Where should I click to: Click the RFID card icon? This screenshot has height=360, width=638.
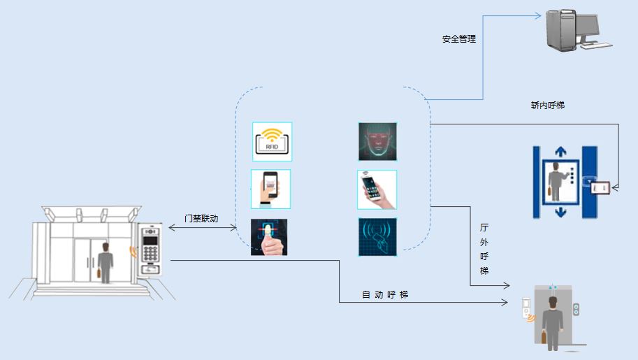point(272,142)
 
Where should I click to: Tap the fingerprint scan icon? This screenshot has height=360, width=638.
point(269,237)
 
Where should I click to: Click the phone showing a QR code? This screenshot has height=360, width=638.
point(270,189)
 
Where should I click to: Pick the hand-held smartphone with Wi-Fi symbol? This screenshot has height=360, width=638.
point(377,189)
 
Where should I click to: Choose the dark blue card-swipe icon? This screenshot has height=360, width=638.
point(377,236)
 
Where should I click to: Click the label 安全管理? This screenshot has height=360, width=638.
point(459,40)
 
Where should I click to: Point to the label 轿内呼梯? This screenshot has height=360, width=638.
point(548,106)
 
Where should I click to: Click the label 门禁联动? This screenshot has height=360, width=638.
point(201,219)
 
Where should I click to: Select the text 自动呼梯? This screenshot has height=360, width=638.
point(385,295)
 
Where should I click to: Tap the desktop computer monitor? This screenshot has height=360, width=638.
point(588,29)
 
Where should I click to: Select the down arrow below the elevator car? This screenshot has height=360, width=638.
point(560,211)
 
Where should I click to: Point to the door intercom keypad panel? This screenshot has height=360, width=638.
point(151,249)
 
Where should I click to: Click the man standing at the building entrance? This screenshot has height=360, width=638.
point(106,264)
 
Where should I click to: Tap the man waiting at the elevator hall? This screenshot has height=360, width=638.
point(553,323)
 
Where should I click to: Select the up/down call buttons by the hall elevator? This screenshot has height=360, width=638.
point(577,309)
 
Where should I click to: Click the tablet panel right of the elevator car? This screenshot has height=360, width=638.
point(600,187)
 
